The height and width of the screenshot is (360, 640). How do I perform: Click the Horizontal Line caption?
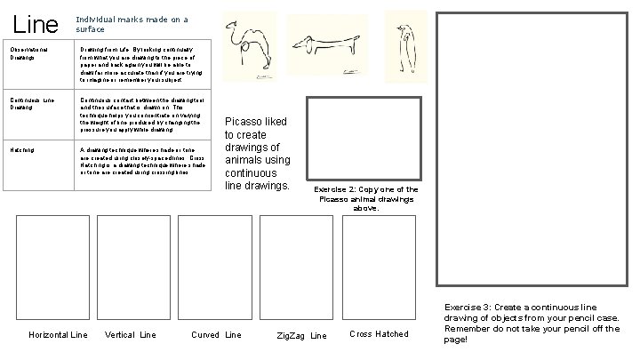[58, 335]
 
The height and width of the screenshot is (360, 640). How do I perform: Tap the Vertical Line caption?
[130, 335]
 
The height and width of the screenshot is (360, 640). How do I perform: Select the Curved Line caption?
[216, 335]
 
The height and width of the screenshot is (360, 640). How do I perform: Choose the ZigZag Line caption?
[300, 336]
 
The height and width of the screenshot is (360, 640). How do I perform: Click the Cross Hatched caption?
[379, 334]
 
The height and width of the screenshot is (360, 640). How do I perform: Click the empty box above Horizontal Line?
[52, 267]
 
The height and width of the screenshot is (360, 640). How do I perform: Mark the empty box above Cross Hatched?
[380, 267]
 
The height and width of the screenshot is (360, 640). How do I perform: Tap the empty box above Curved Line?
[216, 267]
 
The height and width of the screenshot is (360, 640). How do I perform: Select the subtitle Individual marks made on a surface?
[132, 23]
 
